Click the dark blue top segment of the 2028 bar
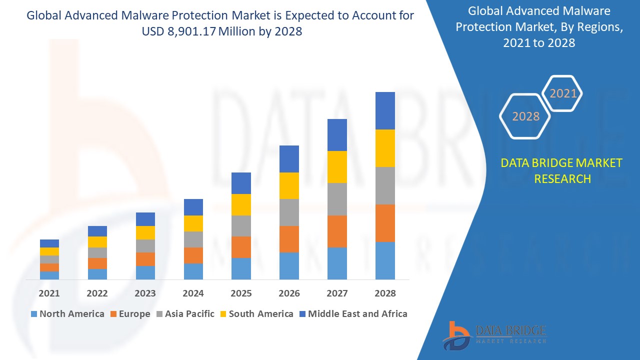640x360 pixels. [x=385, y=110]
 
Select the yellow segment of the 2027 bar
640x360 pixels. [x=337, y=166]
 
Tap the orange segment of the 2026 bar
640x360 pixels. [x=289, y=239]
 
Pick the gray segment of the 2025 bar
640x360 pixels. [x=241, y=226]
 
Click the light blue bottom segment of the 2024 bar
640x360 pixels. [x=193, y=271]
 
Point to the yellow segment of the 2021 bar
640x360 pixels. [x=49, y=251]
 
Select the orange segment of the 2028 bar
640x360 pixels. [x=385, y=223]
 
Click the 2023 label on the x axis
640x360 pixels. [x=145, y=293]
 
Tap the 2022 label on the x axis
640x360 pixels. [x=97, y=293]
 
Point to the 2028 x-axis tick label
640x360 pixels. [x=385, y=293]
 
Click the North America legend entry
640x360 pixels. [x=67, y=314]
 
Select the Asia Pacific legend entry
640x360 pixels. [x=184, y=314]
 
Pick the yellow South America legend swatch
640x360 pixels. [x=223, y=314]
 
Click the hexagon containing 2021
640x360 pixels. [x=563, y=93]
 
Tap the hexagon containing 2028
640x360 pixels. [x=525, y=116]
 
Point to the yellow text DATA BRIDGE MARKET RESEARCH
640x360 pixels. [x=561, y=170]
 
